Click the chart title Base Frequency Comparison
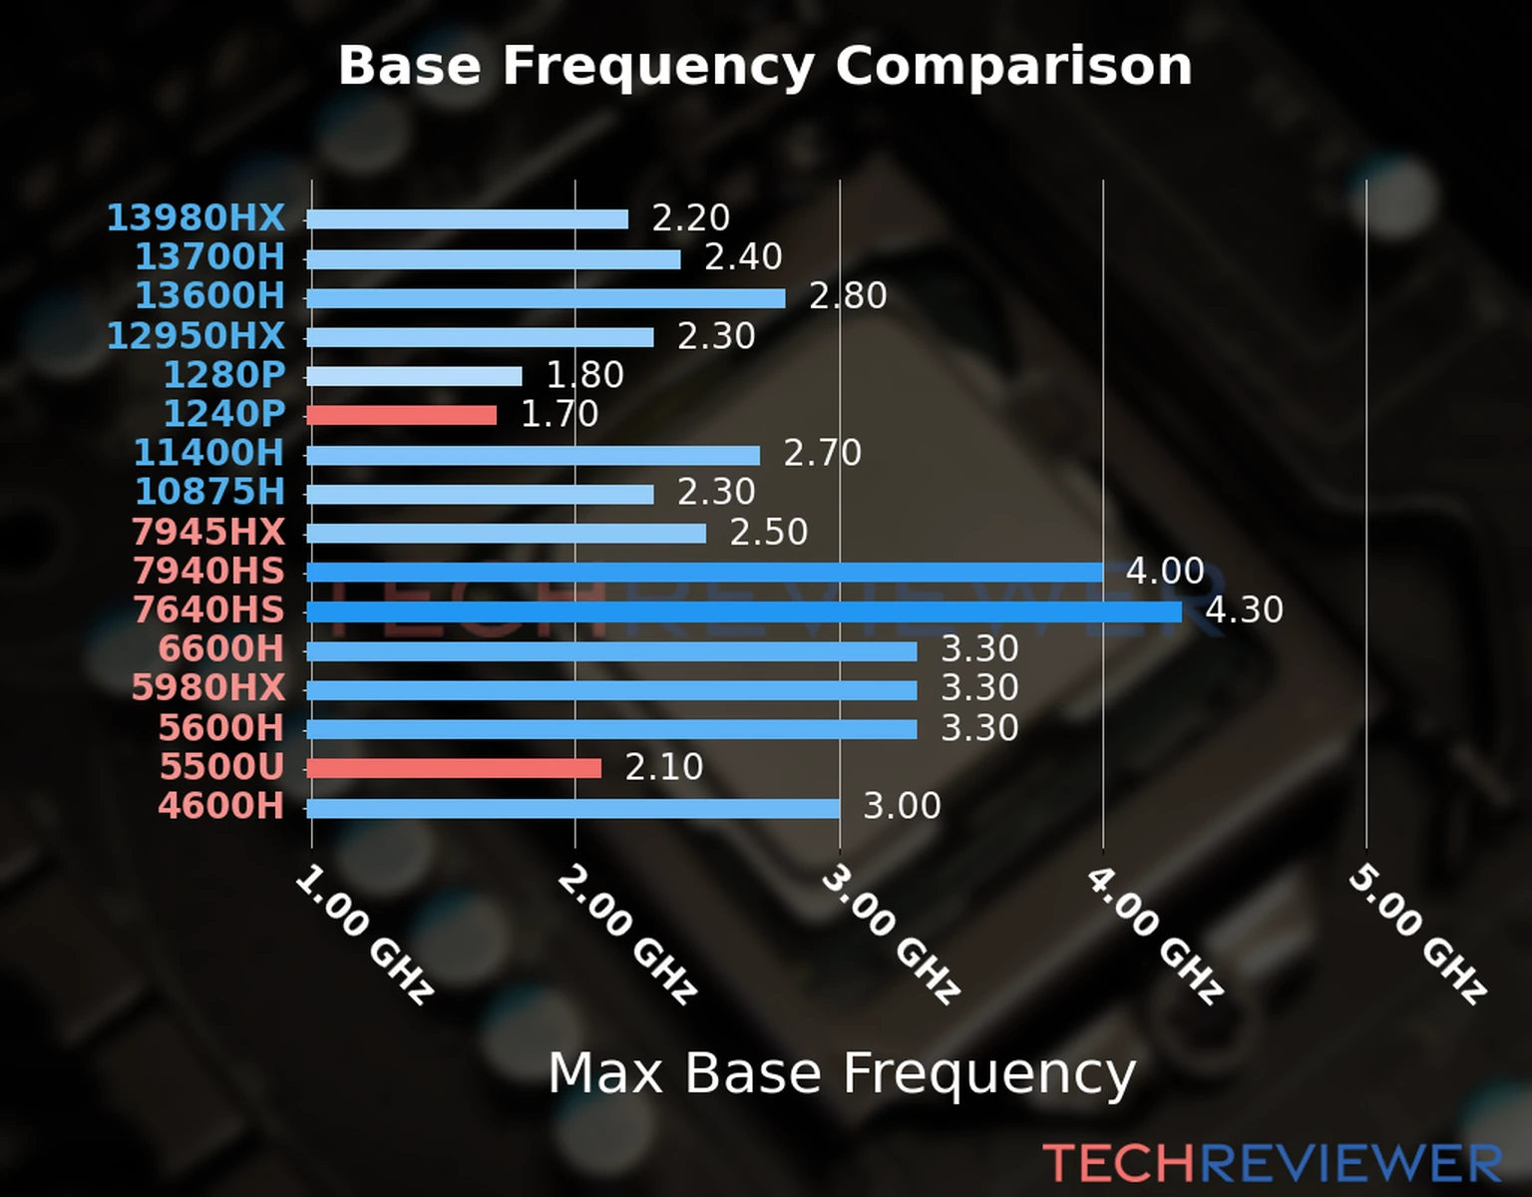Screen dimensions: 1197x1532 coord(765,66)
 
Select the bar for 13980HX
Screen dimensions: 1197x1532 coord(468,219)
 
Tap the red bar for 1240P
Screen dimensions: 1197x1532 coord(402,415)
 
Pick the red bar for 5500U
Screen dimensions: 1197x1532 coord(455,768)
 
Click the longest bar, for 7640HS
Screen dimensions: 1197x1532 coord(744,611)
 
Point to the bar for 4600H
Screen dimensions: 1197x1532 coord(574,808)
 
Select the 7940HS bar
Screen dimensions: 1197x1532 coord(704,573)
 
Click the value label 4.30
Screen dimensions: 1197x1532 coord(1244,609)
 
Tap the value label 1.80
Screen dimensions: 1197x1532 coord(584,375)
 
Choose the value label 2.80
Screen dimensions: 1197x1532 coord(848,296)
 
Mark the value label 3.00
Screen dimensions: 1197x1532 coord(901,806)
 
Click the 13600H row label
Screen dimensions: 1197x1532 coord(209,296)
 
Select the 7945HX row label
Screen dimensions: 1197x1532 coord(208,532)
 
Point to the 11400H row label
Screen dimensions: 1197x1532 coord(208,453)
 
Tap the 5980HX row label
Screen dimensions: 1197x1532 coord(208,688)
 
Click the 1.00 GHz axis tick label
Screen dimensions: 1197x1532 coord(365,935)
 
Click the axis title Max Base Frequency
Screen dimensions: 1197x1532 coord(842,1073)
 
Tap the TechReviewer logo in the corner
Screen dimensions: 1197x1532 coord(1272,1163)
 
